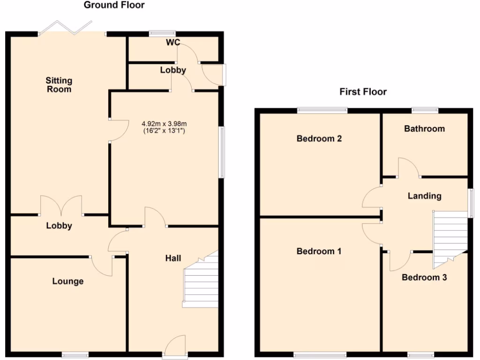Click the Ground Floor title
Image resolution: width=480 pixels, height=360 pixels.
point(114,5)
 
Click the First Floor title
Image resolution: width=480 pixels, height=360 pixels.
point(363,91)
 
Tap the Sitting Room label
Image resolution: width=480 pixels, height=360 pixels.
point(59,85)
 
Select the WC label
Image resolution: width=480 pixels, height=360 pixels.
point(173,43)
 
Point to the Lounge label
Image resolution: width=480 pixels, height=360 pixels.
point(68,281)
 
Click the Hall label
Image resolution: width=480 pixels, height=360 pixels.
point(173,258)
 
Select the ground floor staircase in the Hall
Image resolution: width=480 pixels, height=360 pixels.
point(202,284)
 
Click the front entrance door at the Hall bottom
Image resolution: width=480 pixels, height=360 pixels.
point(175,347)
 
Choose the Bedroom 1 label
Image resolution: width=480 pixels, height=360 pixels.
point(319,251)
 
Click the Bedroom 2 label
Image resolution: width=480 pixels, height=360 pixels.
point(319,139)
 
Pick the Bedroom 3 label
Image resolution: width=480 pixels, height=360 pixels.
point(424,277)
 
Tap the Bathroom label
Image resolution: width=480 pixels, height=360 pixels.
point(424,128)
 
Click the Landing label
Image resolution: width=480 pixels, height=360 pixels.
point(424,196)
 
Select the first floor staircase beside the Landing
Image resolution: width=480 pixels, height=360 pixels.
point(450,237)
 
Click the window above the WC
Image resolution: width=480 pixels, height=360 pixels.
point(162,33)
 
